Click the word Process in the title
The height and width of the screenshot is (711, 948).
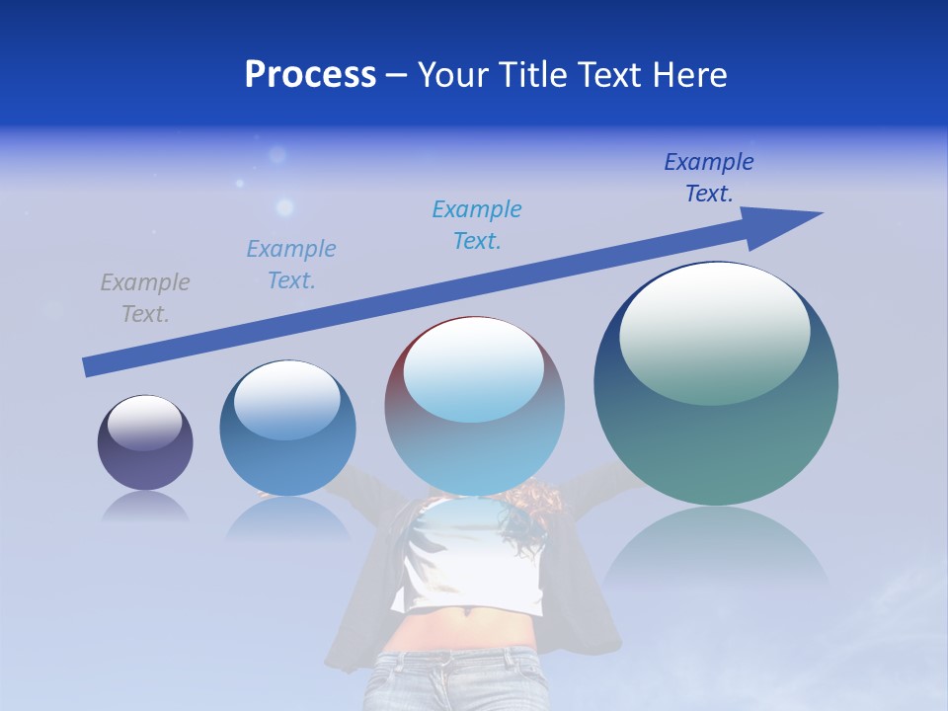coord(310,75)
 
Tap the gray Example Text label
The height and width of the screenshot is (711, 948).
coord(145,297)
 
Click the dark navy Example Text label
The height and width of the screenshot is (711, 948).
coord(709,177)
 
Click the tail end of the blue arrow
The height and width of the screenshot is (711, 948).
coord(91,366)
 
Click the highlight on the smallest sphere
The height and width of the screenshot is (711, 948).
coord(144,421)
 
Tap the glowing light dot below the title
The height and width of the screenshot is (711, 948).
coord(284,207)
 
